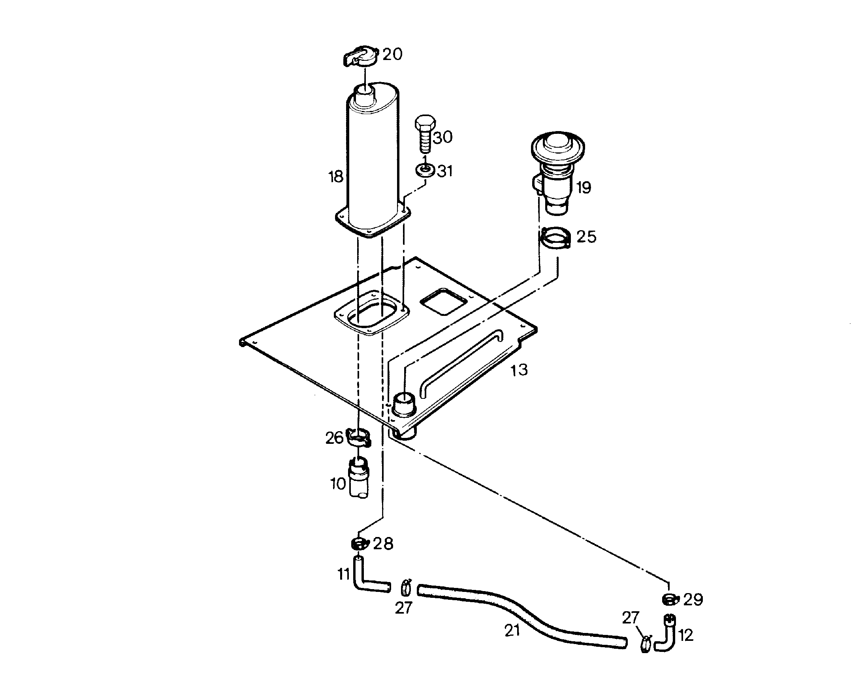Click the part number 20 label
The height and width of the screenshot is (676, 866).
coord(392,54)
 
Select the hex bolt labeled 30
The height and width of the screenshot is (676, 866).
coord(425,134)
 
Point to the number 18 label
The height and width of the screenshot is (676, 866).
coord(335,177)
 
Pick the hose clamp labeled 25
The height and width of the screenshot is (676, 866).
coord(555,238)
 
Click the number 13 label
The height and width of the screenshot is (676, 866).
coord(519,370)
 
